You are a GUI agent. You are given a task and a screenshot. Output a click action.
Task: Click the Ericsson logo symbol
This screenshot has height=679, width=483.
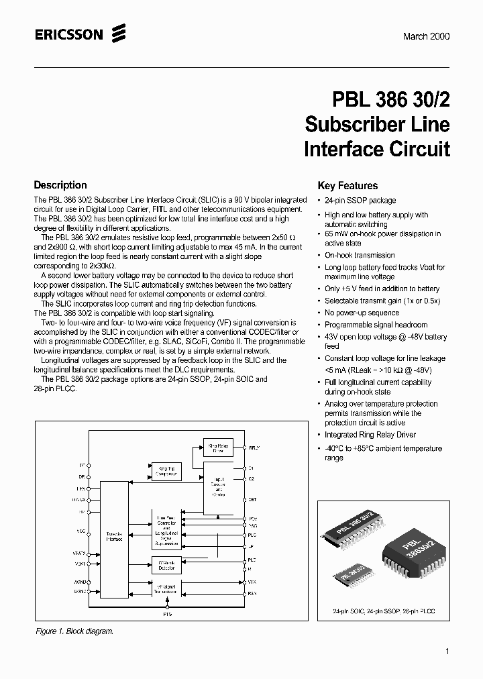click(119, 33)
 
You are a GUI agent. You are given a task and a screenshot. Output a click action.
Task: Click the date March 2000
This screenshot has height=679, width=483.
click(426, 36)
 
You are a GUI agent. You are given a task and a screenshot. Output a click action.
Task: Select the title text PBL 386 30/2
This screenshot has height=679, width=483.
click(391, 99)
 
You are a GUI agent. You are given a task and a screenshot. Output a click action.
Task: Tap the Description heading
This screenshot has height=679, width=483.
click(60, 185)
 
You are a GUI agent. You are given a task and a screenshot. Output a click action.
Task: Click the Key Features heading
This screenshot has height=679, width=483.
click(347, 186)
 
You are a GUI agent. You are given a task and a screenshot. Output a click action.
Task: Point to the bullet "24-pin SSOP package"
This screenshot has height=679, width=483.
click(360, 201)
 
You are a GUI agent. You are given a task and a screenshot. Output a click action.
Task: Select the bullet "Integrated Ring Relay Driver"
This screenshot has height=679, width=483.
click(370, 435)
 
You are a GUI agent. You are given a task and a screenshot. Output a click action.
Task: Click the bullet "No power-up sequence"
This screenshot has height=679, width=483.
click(362, 313)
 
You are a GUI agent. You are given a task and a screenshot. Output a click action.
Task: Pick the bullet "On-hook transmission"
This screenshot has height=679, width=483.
click(360, 255)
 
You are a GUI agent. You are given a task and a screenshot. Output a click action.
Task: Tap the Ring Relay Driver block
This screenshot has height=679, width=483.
click(217, 448)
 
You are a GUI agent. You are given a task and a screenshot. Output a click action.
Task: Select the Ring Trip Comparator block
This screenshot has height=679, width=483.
click(166, 471)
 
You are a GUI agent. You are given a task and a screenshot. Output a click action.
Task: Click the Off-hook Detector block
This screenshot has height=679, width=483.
click(166, 565)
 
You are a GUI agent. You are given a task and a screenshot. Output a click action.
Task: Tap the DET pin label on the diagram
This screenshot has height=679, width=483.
click(252, 500)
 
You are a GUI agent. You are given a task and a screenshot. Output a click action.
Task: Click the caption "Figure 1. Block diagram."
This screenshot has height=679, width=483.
click(74, 631)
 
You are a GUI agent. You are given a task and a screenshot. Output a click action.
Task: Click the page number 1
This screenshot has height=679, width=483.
click(447, 651)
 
